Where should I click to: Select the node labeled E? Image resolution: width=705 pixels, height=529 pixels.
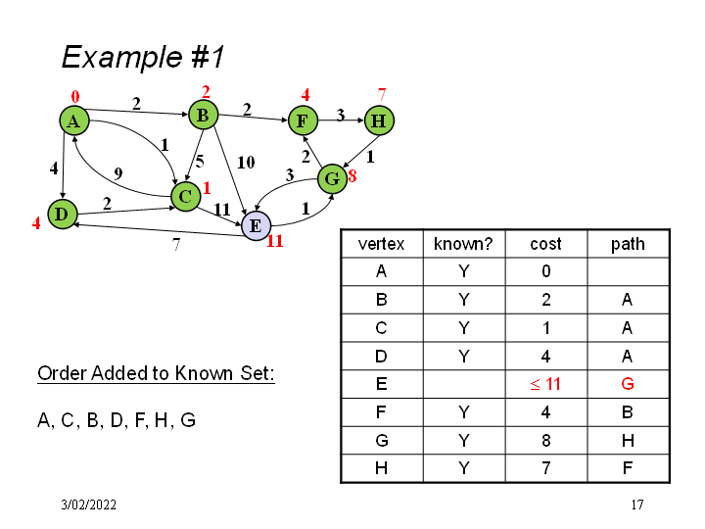coord(255,226)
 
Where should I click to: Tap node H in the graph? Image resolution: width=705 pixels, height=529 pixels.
coord(379,120)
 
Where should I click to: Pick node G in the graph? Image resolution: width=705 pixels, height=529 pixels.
coord(332,179)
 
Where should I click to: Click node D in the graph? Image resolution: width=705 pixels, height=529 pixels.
coord(62,213)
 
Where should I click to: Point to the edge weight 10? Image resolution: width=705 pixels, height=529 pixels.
coord(246,161)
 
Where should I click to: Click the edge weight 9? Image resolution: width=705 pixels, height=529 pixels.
coord(117,173)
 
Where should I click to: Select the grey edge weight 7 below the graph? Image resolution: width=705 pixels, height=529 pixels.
coord(176,246)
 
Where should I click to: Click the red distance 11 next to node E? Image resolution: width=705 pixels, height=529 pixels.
coord(274,241)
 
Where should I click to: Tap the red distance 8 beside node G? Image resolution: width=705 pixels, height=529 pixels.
coord(352,177)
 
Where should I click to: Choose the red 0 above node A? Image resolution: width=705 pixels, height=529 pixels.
coord(74,97)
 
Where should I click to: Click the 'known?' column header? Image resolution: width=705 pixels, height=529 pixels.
coord(462,244)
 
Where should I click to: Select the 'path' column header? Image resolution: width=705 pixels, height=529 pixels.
coord(628,244)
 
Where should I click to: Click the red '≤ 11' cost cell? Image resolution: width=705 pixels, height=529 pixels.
coord(545,384)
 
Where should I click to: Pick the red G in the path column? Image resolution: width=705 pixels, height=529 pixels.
coord(628,384)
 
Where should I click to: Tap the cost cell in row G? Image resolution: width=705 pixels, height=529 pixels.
coord(545,441)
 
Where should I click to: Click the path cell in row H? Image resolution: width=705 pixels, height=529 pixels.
coord(628,468)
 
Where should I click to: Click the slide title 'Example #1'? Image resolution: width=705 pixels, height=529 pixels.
coord(143,57)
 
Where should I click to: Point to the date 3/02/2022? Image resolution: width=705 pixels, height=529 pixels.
coord(88,505)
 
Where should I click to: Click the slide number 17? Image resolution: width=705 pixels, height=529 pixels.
coord(636,505)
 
